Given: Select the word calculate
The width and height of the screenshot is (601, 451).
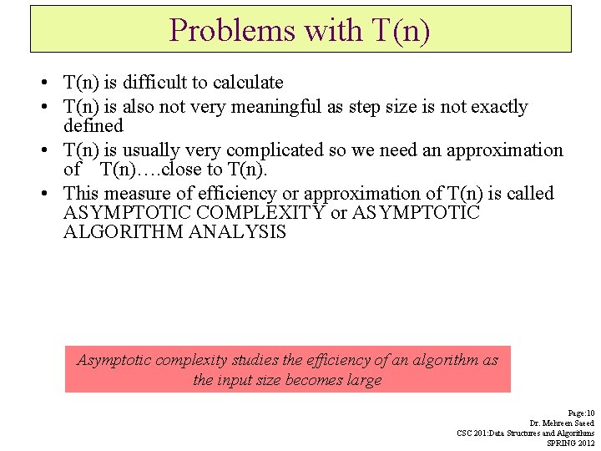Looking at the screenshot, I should [x=248, y=83].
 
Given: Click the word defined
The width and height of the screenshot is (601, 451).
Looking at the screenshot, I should [x=93, y=126].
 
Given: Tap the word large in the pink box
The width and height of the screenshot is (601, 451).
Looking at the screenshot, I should [x=365, y=380].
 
